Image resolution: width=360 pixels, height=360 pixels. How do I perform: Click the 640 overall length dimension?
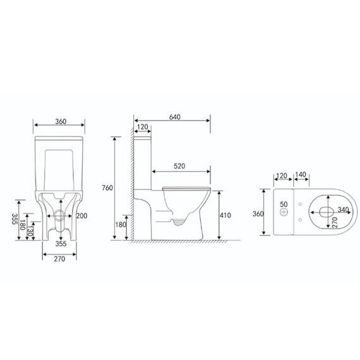click(175, 117)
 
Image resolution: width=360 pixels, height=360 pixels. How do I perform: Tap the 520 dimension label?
click(179, 166)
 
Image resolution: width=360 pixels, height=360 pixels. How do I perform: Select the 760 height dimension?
click(107, 188)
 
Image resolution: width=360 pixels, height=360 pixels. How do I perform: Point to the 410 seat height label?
click(225, 215)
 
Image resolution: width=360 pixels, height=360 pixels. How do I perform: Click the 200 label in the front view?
click(81, 216)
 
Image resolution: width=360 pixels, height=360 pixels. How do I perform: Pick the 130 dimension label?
click(30, 232)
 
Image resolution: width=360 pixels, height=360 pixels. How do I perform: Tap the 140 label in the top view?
click(301, 174)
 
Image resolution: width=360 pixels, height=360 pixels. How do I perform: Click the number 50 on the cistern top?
click(284, 204)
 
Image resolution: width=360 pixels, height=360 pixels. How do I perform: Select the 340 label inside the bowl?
click(343, 210)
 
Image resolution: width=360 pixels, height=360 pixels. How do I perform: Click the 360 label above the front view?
click(61, 121)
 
